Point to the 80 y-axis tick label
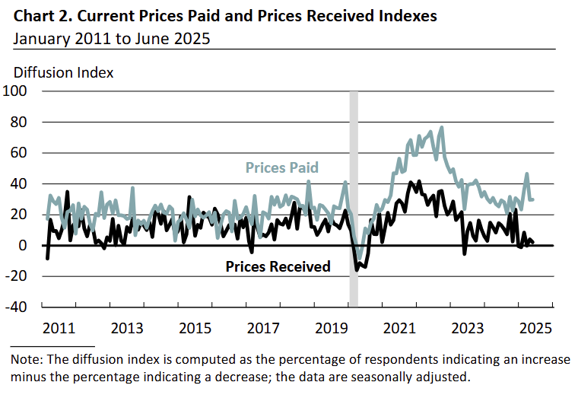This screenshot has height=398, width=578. tap(18, 122)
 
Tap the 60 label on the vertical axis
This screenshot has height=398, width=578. tap(18, 153)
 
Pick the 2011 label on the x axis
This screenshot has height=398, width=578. tap(59, 328)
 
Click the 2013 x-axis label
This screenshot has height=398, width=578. tap(127, 328)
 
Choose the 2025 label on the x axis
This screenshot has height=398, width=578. tap(536, 328)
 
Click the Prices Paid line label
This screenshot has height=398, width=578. tap(281, 167)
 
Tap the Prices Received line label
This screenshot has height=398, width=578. tap(278, 266)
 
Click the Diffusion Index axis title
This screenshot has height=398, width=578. tap(64, 73)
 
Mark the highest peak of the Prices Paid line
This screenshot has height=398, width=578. tap(442, 127)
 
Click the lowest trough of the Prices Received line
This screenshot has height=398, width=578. tap(356, 270)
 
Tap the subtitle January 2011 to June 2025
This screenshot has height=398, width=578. tap(111, 38)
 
